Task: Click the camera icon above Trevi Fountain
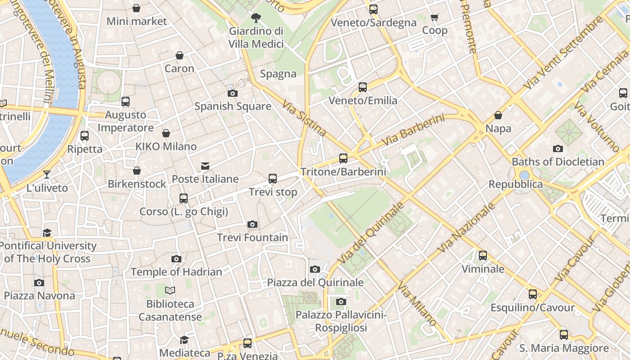pyautogui.click(x=252, y=224)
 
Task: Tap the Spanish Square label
pyautogui.click(x=233, y=107)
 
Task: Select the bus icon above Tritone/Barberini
pyautogui.click(x=343, y=158)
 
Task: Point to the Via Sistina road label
pyautogui.click(x=304, y=118)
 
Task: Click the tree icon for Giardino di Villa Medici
pyautogui.click(x=256, y=18)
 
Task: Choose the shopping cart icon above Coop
pyautogui.click(x=434, y=18)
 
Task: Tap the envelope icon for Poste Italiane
pyautogui.click(x=205, y=166)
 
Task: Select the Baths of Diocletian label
pyautogui.click(x=558, y=162)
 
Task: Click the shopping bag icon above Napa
pyautogui.click(x=498, y=115)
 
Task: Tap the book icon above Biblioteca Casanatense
pyautogui.click(x=170, y=291)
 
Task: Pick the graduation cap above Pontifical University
pyautogui.click(x=47, y=233)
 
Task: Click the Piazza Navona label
pyautogui.click(x=40, y=296)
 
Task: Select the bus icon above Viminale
pyautogui.click(x=483, y=256)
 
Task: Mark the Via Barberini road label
pyautogui.click(x=413, y=130)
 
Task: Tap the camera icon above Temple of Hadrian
pyautogui.click(x=176, y=259)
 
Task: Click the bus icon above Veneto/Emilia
pyautogui.click(x=363, y=87)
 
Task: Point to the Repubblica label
pyautogui.click(x=516, y=184)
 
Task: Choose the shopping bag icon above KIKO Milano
pyautogui.click(x=166, y=133)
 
